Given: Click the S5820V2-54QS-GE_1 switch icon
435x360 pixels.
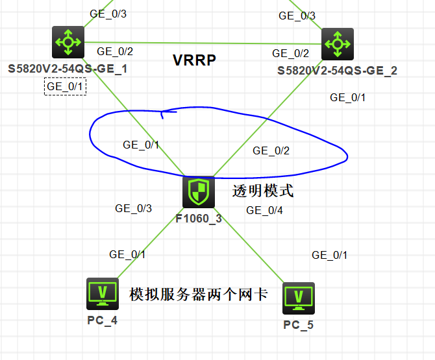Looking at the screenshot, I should coord(67,43).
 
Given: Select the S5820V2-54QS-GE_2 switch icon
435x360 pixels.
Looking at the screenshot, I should coord(337,44).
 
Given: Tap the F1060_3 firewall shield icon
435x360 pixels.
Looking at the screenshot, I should coord(198,192).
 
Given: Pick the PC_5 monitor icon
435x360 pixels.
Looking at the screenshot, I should coord(299,298).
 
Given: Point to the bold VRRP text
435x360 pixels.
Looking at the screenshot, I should coord(194,60).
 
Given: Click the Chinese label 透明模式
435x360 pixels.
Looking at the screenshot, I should coord(263,191).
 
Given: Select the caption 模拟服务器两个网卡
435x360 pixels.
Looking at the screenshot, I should coord(199,294).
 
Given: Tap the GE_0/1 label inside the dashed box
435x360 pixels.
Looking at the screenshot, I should coord(66,86).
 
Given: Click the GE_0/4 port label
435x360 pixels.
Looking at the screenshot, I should coord(264,210).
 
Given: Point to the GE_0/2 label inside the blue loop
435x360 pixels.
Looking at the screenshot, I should coord(271,150).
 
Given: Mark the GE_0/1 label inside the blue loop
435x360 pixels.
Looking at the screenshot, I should coord(141,144).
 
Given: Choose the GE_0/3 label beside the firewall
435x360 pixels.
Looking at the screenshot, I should coord(134,208).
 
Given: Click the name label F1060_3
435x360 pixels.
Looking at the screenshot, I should coord(199,219).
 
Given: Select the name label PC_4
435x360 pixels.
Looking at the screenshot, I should coord(102,320).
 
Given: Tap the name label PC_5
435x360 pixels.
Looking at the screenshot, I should coord(298,324).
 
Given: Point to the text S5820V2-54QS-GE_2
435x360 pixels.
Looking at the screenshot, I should coord(338,70).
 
